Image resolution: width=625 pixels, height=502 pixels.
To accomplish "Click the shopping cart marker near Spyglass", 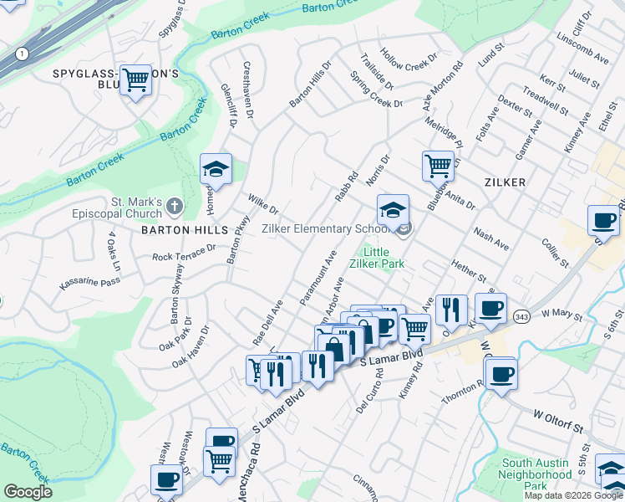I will pos(135,81).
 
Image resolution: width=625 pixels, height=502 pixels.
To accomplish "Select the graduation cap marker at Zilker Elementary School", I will pos(393,210).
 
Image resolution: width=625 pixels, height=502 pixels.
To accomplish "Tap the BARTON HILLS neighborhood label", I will pos(185,229).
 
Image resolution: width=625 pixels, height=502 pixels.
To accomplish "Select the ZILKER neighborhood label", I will pos(503,182).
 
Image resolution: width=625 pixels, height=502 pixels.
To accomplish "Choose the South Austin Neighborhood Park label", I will pos(536,474).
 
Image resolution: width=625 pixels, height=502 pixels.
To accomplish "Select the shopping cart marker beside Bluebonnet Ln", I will pos(438,165).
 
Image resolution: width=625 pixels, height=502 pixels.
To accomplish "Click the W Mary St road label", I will pos(561,314).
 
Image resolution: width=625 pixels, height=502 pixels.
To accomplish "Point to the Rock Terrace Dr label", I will pos(184,252).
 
